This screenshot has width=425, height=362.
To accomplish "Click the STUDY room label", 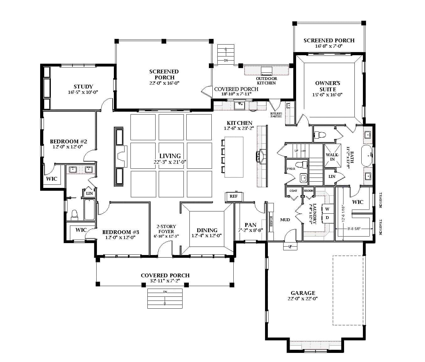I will pyautogui.click(x=83, y=87).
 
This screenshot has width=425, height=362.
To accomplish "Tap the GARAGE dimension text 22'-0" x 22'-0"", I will pyautogui.click(x=302, y=299).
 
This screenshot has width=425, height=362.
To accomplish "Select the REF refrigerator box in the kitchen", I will pyautogui.click(x=234, y=196).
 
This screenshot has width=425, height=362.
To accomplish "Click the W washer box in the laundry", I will pyautogui.click(x=327, y=209).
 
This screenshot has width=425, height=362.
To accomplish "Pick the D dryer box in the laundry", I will pyautogui.click(x=327, y=217).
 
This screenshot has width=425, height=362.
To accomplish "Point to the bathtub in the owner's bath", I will pyautogui.click(x=367, y=155).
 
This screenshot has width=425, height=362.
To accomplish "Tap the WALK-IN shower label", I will pyautogui.click(x=332, y=157).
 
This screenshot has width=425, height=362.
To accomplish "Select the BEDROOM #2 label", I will pyautogui.click(x=68, y=141).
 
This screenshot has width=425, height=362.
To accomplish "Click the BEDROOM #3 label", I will pyautogui.click(x=120, y=232).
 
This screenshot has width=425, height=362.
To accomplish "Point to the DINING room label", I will pyautogui.click(x=207, y=230).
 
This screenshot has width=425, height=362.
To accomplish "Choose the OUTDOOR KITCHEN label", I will pyautogui.click(x=266, y=81).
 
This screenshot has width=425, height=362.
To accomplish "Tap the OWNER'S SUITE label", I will pyautogui.click(x=327, y=86).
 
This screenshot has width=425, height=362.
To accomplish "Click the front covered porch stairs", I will pyautogui.click(x=165, y=298).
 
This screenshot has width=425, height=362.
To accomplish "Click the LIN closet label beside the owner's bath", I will pyautogui.click(x=332, y=177).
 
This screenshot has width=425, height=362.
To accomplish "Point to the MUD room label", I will pyautogui.click(x=285, y=220).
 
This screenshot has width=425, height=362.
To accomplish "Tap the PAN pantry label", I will pyautogui.click(x=250, y=225).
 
